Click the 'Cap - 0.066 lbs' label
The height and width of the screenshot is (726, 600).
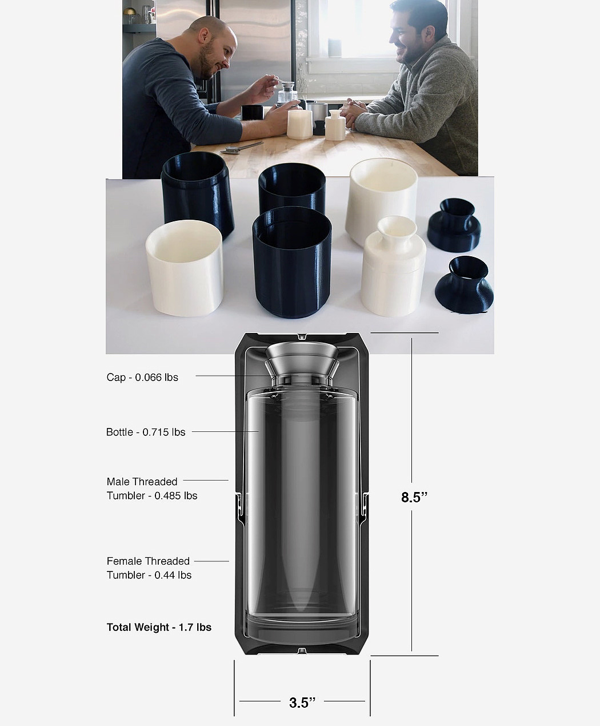click(142, 377)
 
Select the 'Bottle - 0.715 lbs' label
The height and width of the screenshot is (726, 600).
click(146, 432)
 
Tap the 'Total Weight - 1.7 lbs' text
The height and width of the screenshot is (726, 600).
click(159, 627)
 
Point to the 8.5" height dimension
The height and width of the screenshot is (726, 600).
click(414, 497)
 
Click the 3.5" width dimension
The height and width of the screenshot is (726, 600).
click(302, 703)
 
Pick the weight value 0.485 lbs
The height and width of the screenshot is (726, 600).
click(175, 495)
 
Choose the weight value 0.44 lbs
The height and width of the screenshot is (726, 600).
click(173, 575)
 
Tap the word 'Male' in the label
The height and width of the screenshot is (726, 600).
click(117, 482)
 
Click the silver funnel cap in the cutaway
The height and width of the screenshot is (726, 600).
click(302, 362)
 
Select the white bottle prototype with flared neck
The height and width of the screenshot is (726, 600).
click(393, 266)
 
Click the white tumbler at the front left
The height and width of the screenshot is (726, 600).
click(185, 268)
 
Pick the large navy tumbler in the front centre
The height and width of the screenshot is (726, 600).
click(291, 263)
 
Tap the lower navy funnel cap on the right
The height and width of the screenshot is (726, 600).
click(464, 284)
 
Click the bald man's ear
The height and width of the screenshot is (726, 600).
click(204, 37)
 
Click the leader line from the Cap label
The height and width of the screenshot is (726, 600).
click(247, 376)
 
